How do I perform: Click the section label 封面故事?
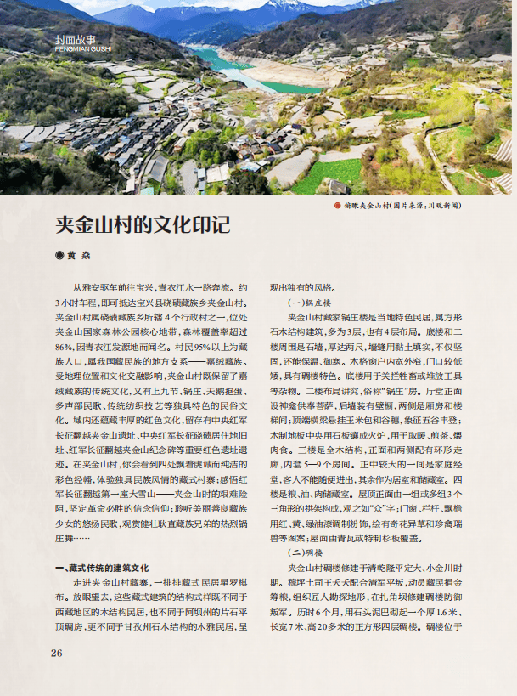76,40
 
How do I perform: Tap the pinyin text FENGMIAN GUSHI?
76,49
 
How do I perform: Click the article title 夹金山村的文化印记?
143,225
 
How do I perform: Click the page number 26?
57,653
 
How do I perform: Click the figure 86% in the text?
64,348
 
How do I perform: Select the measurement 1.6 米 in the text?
447,612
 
